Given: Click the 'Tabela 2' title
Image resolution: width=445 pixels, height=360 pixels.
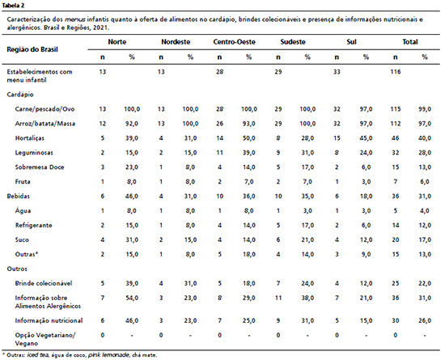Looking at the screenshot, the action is click(13, 6).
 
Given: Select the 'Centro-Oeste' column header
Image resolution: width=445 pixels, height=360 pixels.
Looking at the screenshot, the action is click(234, 42).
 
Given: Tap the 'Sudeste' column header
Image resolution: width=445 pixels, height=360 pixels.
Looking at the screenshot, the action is click(293, 42).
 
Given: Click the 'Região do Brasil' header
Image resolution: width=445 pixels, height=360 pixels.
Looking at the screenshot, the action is click(32, 49).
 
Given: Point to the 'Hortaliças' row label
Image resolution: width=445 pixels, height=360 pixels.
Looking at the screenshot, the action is click(29, 138).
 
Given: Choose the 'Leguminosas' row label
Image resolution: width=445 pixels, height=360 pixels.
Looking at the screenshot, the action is click(34, 153).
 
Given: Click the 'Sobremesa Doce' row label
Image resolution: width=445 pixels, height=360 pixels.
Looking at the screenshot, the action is click(40, 167).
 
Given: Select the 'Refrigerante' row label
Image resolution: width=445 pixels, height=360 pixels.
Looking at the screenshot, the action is click(33, 225).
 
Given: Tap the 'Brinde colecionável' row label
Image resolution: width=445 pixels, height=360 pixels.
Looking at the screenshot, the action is click(44, 283).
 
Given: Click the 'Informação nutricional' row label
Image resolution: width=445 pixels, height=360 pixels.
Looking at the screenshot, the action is click(49, 320).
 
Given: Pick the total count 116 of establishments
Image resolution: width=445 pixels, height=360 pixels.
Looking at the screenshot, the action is click(396, 72).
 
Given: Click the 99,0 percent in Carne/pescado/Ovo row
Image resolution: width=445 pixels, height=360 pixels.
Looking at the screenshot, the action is click(425, 109).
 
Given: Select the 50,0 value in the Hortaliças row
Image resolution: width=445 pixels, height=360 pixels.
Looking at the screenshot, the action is click(249, 138).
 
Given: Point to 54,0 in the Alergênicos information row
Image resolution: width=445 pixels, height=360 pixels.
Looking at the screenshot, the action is click(132, 298).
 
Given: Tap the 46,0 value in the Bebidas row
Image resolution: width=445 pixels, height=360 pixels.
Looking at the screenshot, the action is click(132, 197).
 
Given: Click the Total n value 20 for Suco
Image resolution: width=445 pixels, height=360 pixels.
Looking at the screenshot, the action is click(396, 239).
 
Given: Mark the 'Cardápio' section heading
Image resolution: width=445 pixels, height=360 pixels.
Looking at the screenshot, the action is click(20, 95).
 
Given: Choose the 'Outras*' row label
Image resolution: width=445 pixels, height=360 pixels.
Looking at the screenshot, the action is click(27, 254).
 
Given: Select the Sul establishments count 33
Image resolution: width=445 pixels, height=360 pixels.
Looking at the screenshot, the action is click(337, 72).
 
